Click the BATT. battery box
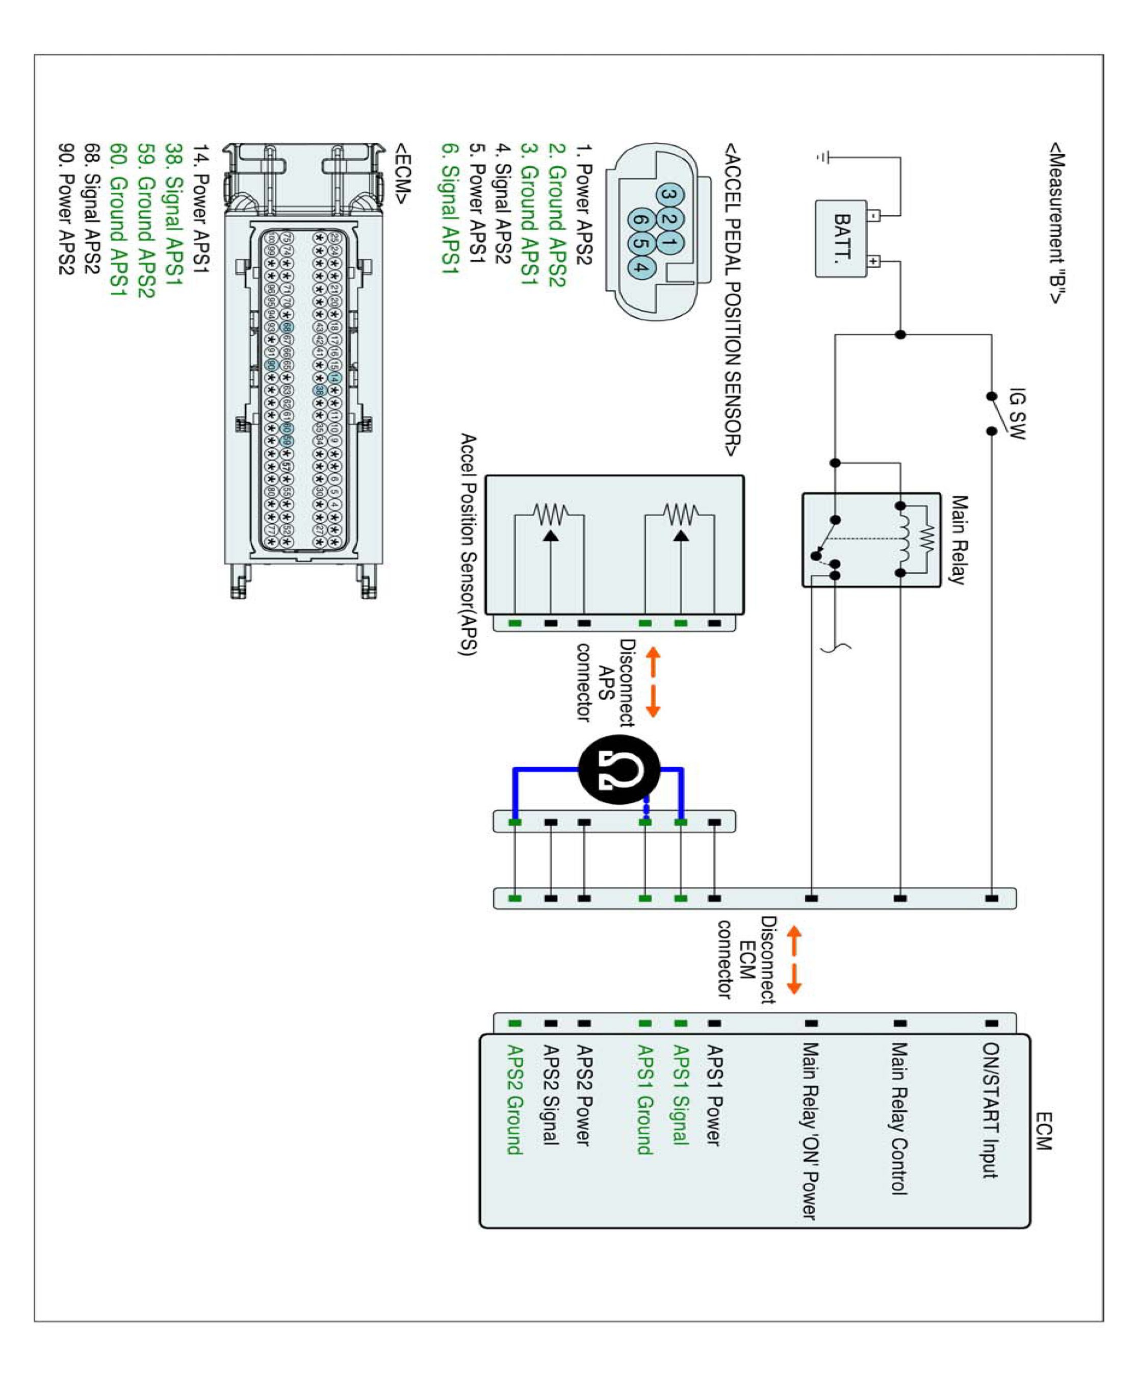tap(841, 239)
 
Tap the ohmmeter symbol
tap(619, 770)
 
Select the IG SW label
tap(1017, 414)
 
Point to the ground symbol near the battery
tap(824, 157)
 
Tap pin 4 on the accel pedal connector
tap(641, 267)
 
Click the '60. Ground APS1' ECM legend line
tap(118, 219)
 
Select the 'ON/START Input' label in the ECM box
tap(990, 1110)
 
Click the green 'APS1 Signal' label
tap(681, 1094)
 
